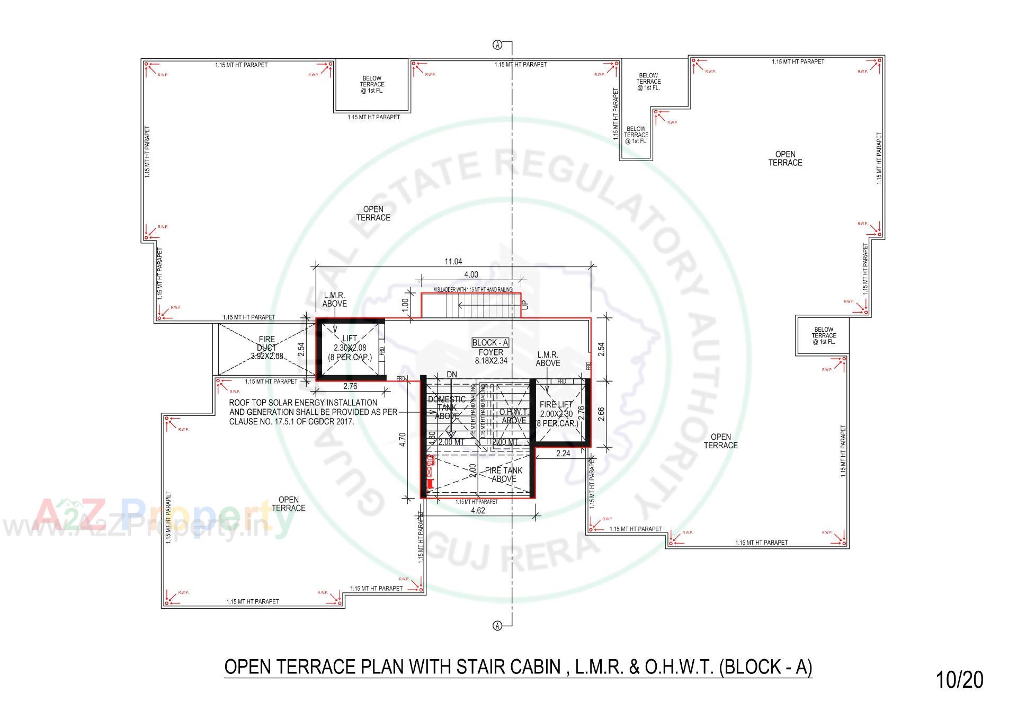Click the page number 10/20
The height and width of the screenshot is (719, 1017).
[x=959, y=680]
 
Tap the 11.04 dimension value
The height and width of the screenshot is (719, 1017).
[x=453, y=261]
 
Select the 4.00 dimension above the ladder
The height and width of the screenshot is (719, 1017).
[x=471, y=274]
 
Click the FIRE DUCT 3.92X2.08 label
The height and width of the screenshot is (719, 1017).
[x=267, y=348]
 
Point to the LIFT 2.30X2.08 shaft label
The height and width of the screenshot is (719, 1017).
[x=350, y=348]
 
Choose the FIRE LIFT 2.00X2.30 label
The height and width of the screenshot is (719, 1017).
[x=556, y=414]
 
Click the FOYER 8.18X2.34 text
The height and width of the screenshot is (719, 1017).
[x=490, y=356]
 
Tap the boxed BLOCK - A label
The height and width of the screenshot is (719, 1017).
[x=490, y=343]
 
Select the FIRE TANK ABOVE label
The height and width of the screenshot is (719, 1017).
[x=504, y=474]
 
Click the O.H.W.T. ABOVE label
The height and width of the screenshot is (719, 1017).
[x=514, y=416]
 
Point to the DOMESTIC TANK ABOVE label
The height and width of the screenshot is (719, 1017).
[x=447, y=407]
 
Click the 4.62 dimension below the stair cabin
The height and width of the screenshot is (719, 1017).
[x=478, y=511]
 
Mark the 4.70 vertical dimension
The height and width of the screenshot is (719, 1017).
[x=403, y=440]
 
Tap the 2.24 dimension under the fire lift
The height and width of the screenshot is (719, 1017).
[x=563, y=454]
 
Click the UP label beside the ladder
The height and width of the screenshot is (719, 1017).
[x=525, y=305]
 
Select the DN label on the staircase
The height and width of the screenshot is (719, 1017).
[x=452, y=375]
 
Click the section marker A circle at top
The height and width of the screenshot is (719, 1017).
[x=498, y=45]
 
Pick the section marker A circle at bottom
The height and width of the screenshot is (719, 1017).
[x=498, y=626]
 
